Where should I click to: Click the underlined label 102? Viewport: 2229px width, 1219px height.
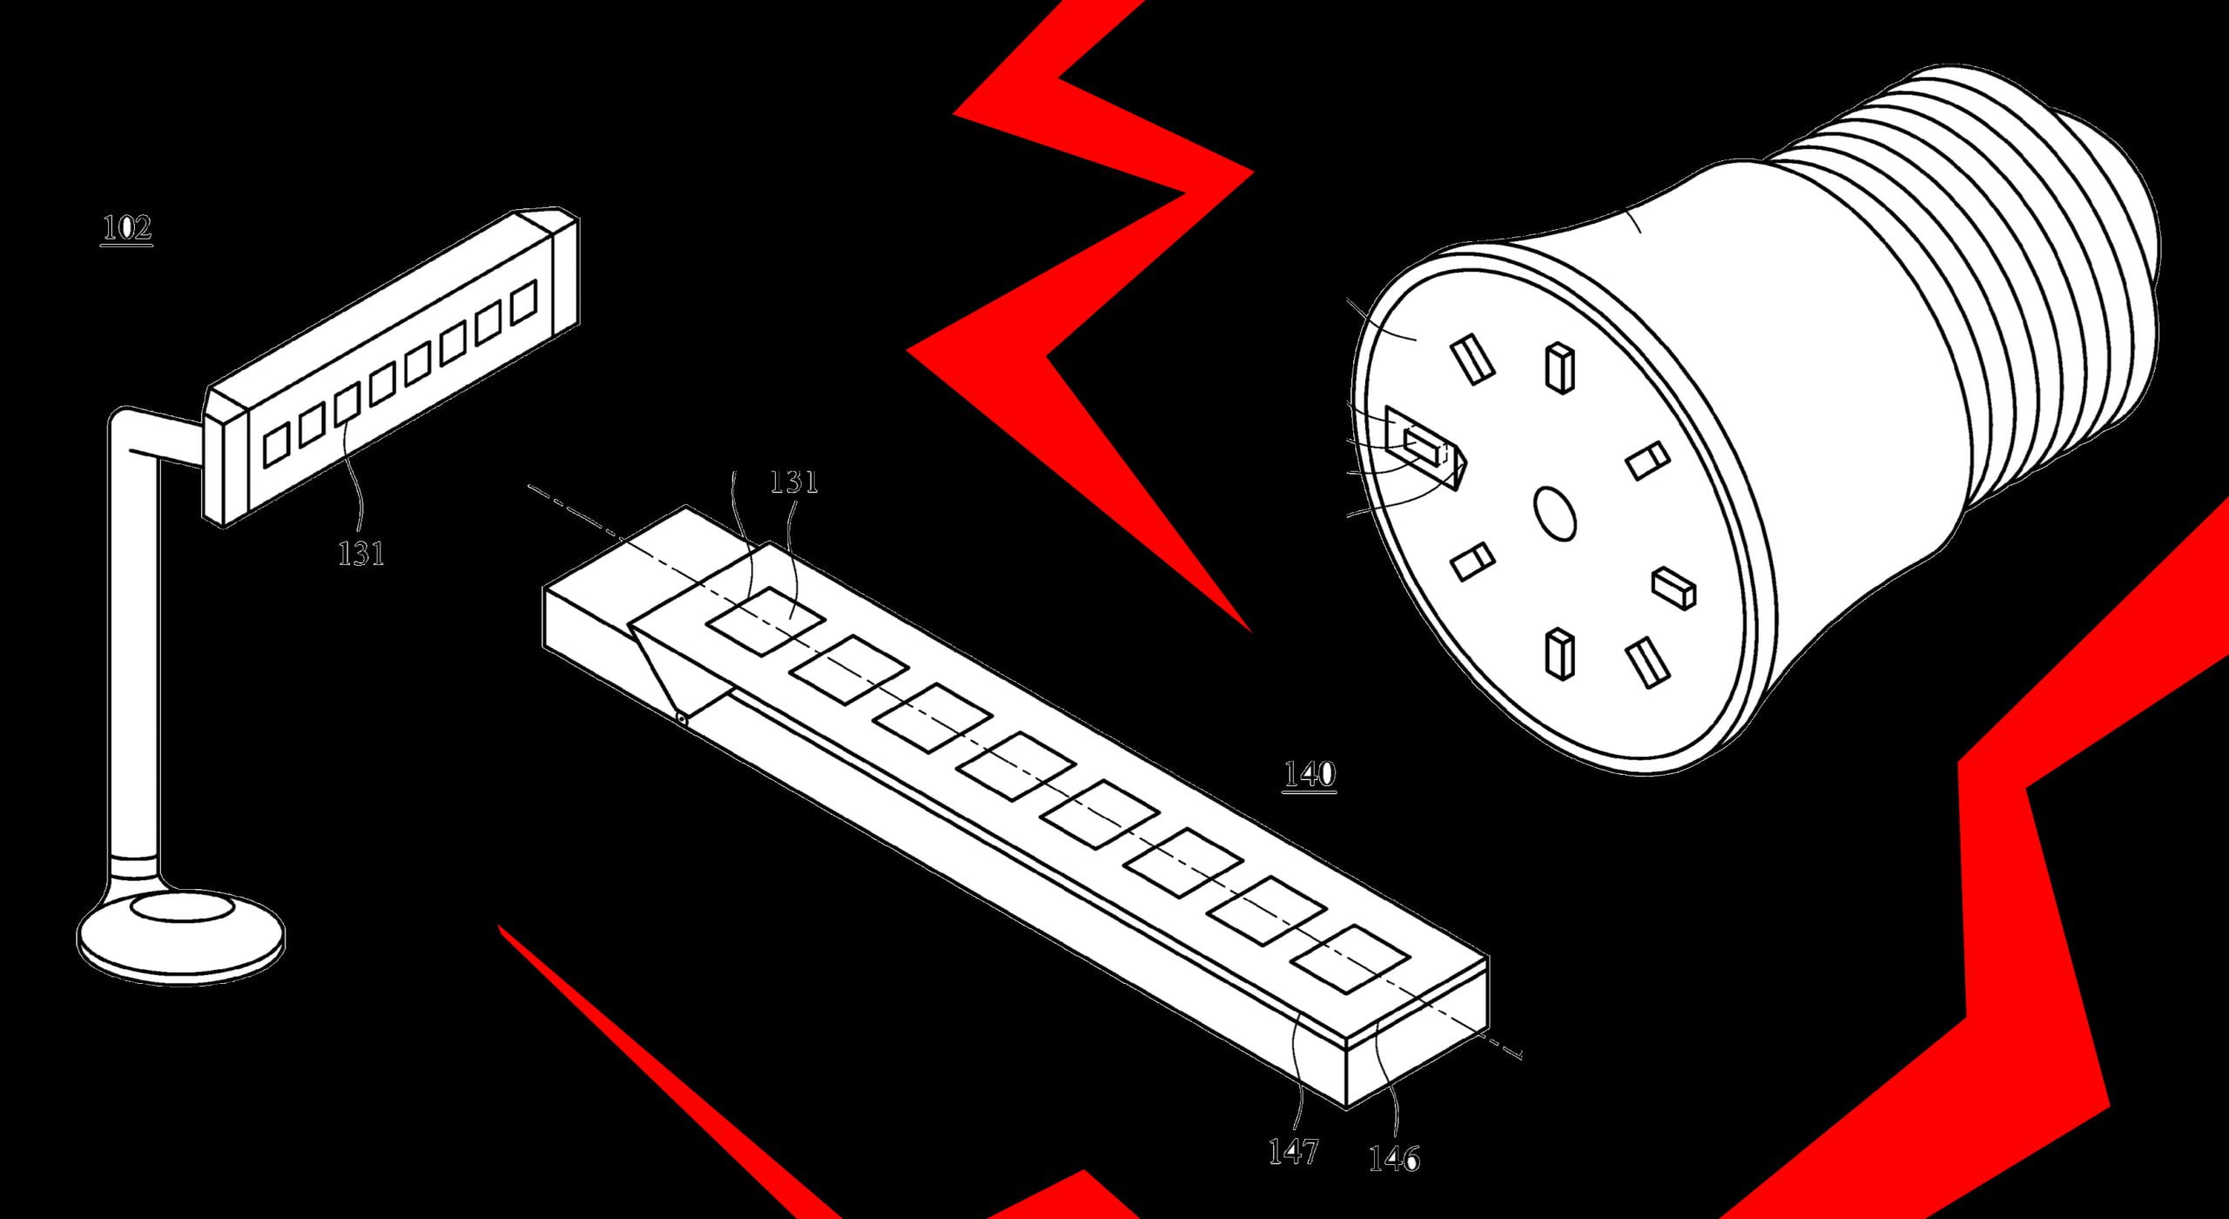[127, 229]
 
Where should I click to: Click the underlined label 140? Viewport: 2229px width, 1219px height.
[1310, 774]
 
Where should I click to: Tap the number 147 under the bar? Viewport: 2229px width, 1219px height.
[1294, 1152]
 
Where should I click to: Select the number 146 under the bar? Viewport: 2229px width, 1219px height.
[1394, 1158]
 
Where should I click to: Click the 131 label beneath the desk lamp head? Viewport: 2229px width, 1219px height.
[360, 553]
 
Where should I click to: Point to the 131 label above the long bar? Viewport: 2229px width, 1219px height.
[794, 482]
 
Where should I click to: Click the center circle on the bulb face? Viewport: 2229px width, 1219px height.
[1554, 513]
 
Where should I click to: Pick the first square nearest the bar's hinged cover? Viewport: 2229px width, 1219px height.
[765, 621]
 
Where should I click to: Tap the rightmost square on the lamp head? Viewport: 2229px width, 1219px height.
[524, 301]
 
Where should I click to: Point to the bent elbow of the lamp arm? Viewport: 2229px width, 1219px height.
[131, 431]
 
